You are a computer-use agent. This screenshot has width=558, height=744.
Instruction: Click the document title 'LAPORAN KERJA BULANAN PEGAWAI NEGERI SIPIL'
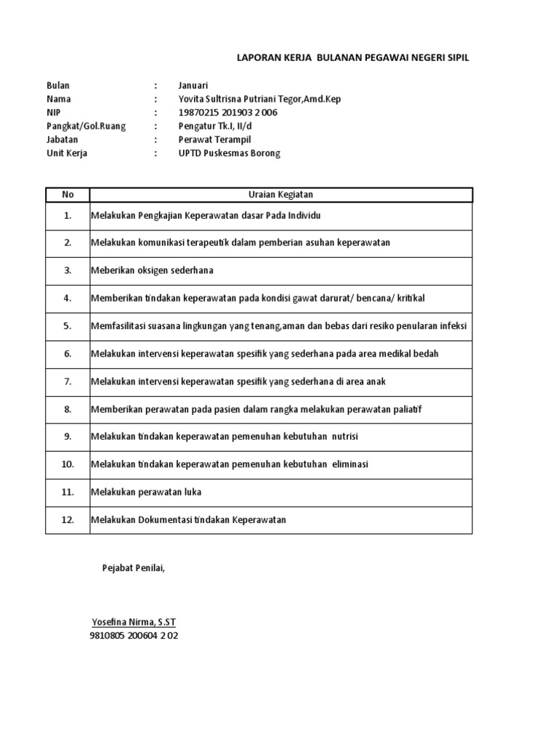(x=353, y=57)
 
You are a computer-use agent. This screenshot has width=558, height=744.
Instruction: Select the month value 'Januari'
(x=193, y=86)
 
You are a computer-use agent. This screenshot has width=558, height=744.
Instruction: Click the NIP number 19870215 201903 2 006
(x=227, y=113)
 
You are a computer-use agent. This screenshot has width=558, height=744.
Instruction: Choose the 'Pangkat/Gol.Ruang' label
(x=86, y=126)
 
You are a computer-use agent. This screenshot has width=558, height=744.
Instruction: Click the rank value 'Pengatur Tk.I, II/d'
(x=219, y=126)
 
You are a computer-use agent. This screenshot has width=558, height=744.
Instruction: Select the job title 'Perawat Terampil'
(x=214, y=139)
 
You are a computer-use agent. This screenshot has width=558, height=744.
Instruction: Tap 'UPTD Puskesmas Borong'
(x=229, y=153)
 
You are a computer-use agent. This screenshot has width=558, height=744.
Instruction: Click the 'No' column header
(x=68, y=195)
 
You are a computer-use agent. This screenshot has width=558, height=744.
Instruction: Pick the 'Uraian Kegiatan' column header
(x=280, y=195)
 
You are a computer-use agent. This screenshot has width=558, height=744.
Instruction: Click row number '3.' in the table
(x=68, y=270)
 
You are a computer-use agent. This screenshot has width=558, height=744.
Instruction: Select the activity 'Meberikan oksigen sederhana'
(x=152, y=270)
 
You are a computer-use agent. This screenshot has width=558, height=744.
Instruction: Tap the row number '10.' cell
(x=68, y=464)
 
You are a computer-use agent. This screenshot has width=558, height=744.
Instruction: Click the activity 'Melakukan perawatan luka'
(x=146, y=492)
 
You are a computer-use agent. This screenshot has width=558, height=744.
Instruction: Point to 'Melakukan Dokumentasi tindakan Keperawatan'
(x=189, y=519)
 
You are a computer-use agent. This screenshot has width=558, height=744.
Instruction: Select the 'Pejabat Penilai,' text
(x=133, y=567)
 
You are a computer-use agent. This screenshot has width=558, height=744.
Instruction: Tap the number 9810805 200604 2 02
(x=134, y=636)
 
